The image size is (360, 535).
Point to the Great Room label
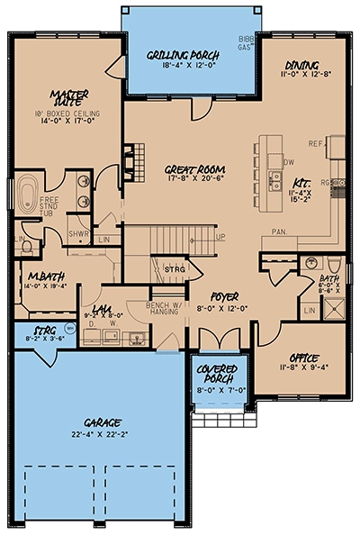[194, 168]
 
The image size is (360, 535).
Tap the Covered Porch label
[215, 373]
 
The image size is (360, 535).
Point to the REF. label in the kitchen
[315, 143]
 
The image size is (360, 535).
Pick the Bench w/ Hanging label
[164, 311]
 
